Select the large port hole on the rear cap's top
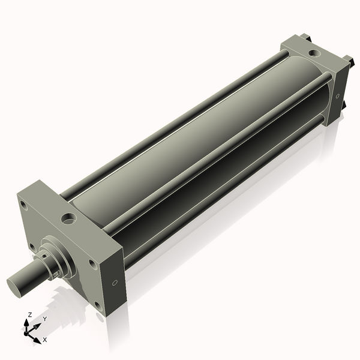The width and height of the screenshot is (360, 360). click(x=314, y=53)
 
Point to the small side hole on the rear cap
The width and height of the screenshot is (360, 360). click(x=337, y=95)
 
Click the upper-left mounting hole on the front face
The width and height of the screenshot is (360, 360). click(x=23, y=205)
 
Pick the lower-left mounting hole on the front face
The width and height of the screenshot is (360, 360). click(x=32, y=246)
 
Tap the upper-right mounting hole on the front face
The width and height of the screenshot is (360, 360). click(x=92, y=263)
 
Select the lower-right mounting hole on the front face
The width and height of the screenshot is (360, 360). click(x=97, y=304)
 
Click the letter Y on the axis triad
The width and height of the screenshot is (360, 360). click(x=44, y=319)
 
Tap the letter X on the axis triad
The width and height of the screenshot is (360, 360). click(x=45, y=340)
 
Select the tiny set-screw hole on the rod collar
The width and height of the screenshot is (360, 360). click(x=55, y=274)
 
